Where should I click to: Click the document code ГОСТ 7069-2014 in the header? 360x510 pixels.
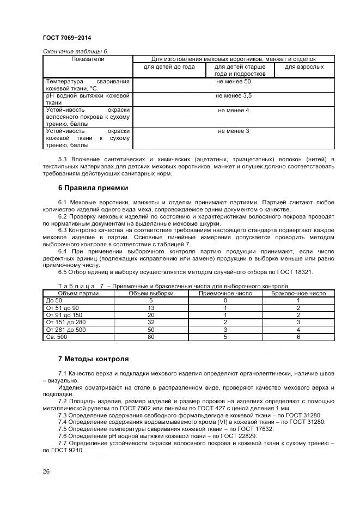pos(66,38)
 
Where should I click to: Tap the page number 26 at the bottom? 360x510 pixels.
pos(46,471)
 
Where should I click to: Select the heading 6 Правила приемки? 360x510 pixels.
pos(93,188)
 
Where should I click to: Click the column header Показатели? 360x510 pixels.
pos(88,59)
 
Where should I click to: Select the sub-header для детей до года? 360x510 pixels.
pos(169,67)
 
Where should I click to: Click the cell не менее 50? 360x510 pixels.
pos(233,81)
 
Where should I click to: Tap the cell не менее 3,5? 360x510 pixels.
pos(233,95)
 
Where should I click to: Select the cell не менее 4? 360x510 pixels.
pos(233,110)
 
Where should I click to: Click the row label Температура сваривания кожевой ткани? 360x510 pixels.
pos(88,84)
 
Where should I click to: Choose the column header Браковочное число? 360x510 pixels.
pos(298,293)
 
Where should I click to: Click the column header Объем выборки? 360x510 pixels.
pos(151,293)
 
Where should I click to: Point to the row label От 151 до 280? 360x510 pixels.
pos(63,322)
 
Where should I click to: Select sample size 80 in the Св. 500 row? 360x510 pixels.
pos(151,337)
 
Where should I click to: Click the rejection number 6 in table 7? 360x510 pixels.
pos(298,337)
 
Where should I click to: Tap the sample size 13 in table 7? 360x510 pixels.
pos(151,308)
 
